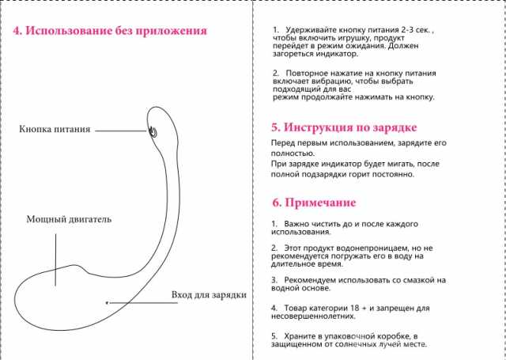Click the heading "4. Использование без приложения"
coord(110,31)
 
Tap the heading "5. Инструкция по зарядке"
coord(344,127)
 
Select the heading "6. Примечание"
coord(314,203)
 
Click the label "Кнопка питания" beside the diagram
coord(55,130)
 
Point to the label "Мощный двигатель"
coord(69,219)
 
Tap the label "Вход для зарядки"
coord(209,295)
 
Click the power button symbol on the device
coord(153,131)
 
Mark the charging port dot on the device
coord(108,303)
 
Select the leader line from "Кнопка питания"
coord(121,131)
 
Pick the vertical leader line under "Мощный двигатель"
coord(55,260)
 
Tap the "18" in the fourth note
coord(355,308)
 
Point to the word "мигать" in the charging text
coord(401,164)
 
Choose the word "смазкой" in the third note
coord(410,280)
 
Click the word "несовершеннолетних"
coord(313,316)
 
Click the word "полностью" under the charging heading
coord(293,153)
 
